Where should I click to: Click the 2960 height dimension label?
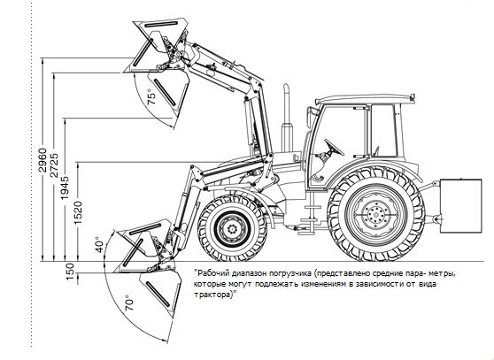[42, 160]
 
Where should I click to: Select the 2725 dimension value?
[54, 165]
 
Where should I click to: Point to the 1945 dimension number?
[65, 188]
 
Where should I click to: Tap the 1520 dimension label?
[78, 212]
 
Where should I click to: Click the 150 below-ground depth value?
[70, 272]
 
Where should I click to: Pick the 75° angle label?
[151, 97]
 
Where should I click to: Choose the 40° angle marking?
[99, 245]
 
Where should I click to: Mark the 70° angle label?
[129, 303]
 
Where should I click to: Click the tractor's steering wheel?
[334, 147]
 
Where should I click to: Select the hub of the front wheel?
[233, 228]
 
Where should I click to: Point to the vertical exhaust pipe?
[287, 119]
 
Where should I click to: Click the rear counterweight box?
[460, 206]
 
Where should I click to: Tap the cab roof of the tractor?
[366, 99]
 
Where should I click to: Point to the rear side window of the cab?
[383, 131]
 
